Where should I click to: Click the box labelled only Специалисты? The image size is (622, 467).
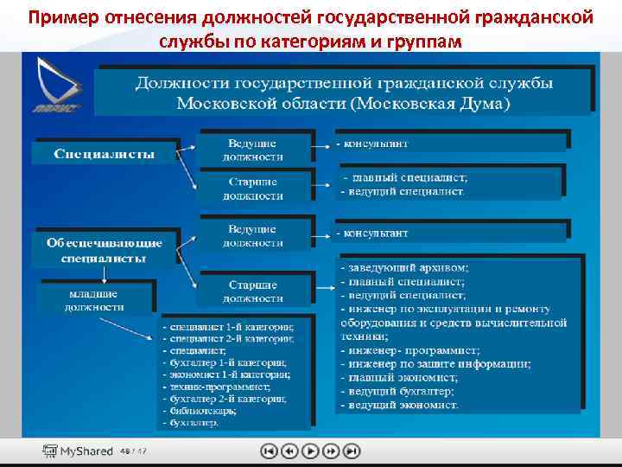[x=105, y=154]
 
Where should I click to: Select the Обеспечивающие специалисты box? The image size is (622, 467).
[x=105, y=249]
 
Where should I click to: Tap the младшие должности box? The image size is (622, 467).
[x=96, y=299]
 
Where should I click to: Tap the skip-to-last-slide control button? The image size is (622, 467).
[x=352, y=451]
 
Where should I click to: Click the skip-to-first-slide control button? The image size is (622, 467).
[x=269, y=451]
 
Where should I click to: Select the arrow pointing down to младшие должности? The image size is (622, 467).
[x=105, y=274]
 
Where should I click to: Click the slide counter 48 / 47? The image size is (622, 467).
[x=134, y=451]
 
